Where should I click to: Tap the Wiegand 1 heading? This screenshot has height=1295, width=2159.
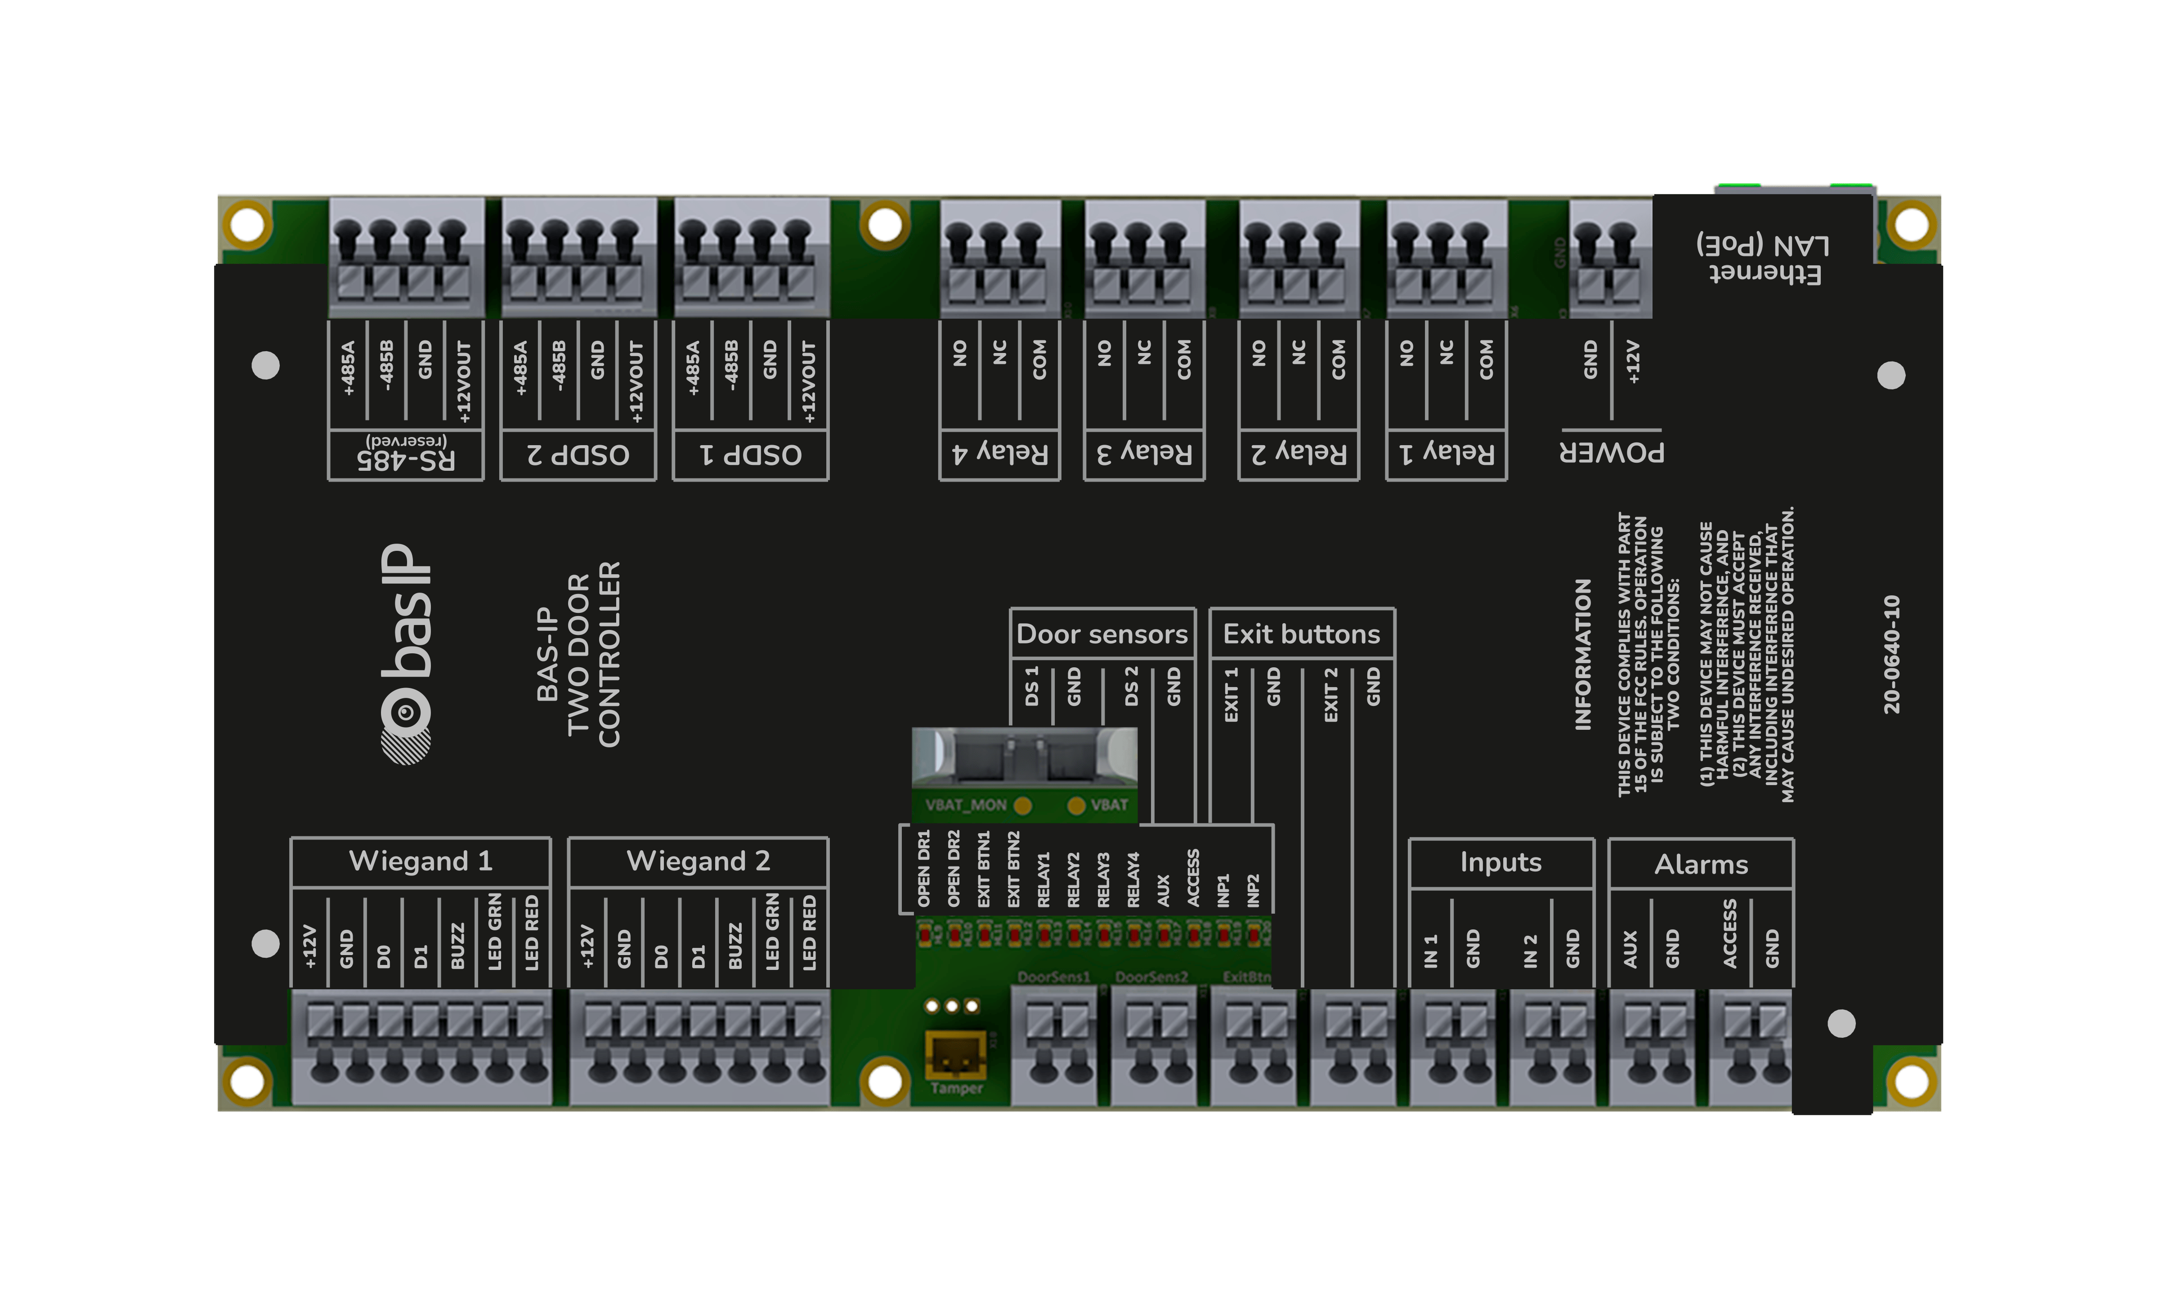click(x=421, y=861)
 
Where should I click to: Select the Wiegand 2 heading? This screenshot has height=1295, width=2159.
click(x=698, y=861)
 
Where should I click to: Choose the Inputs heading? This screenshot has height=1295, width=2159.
click(x=1501, y=862)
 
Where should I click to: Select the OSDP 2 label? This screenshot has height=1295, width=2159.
click(x=578, y=455)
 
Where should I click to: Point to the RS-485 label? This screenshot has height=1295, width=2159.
click(x=406, y=456)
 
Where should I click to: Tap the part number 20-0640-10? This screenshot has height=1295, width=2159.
click(x=1891, y=655)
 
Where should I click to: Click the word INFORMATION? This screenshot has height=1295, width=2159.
click(x=1582, y=655)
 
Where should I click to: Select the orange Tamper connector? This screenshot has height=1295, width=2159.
click(x=955, y=1053)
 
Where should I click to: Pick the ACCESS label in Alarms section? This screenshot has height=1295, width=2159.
click(x=1729, y=934)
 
